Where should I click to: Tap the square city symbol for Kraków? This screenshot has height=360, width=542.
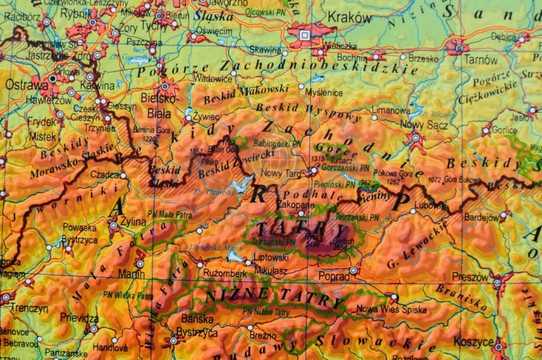pos(304,34)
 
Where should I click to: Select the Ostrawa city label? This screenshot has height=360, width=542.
pos(22,85)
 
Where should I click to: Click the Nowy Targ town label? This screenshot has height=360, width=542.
pos(282,173)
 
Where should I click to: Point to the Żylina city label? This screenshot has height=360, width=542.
pos(132,221)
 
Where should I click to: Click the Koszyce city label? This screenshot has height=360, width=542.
pos(475,341)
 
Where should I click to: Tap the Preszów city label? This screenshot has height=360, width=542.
pos(470,276)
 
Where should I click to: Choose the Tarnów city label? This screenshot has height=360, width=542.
pos(481,60)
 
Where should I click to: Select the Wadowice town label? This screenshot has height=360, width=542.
pos(212,78)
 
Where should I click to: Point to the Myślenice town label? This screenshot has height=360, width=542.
pos(324,93)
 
